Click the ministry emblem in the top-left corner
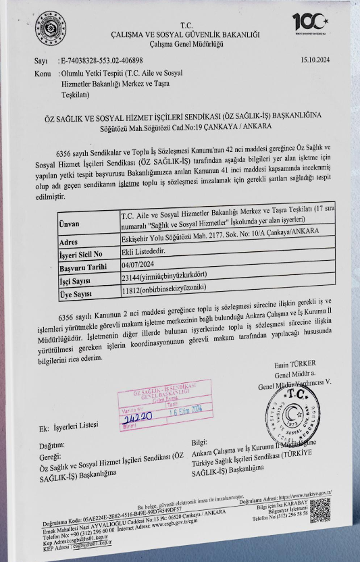click(46, 25)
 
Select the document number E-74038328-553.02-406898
click(101, 61)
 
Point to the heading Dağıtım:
click(52, 445)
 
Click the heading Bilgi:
click(201, 442)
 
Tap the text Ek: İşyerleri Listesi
click(70, 426)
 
